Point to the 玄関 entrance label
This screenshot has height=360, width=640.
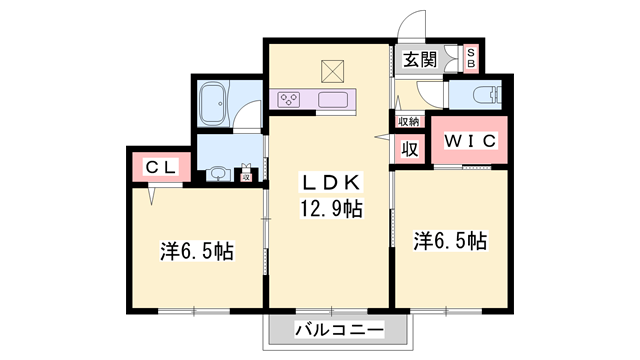point(420,59)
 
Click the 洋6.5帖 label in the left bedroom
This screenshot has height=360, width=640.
point(197,251)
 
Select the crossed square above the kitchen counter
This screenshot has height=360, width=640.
point(333,71)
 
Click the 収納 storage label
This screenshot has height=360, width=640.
point(409,121)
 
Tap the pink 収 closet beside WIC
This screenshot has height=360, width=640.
point(409,149)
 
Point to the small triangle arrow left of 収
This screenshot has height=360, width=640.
point(380,135)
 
